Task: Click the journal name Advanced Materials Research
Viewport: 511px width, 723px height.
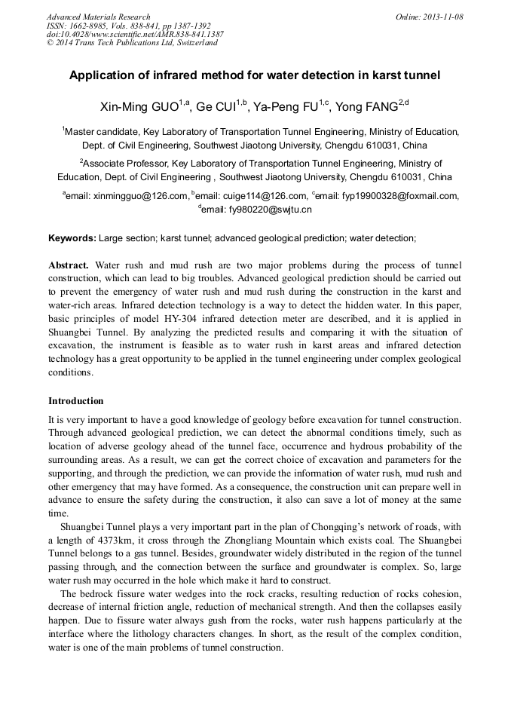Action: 98,17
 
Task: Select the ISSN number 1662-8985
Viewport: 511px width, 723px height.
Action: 91,26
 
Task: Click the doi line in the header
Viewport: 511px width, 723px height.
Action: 135,35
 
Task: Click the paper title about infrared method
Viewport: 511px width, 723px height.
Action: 255,75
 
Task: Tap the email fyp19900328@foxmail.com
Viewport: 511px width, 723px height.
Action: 389,196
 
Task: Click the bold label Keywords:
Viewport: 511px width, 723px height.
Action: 72,238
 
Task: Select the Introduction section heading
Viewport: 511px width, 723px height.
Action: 75,400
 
